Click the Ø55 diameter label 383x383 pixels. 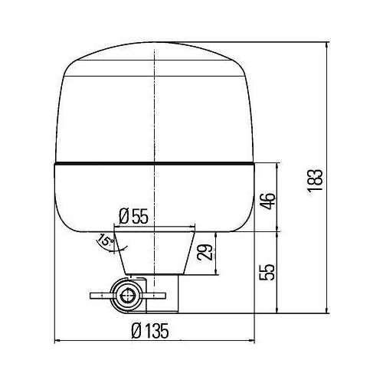pos(135,217)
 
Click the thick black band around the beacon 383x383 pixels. pos(153,164)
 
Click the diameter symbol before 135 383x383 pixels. pos(136,331)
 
